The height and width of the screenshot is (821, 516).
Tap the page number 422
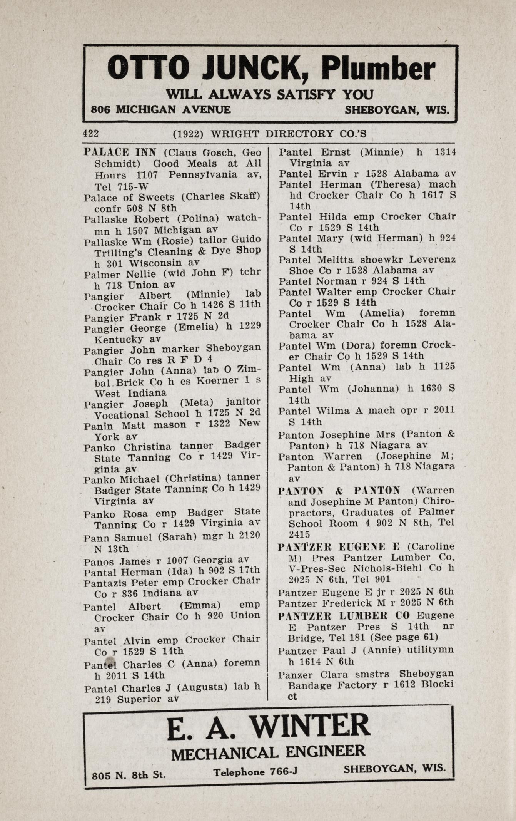91,134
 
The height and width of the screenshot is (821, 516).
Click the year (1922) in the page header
188,134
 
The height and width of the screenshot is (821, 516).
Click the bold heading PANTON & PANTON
339,491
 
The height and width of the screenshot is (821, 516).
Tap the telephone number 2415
299,534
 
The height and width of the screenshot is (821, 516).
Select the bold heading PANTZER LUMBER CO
344,616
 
